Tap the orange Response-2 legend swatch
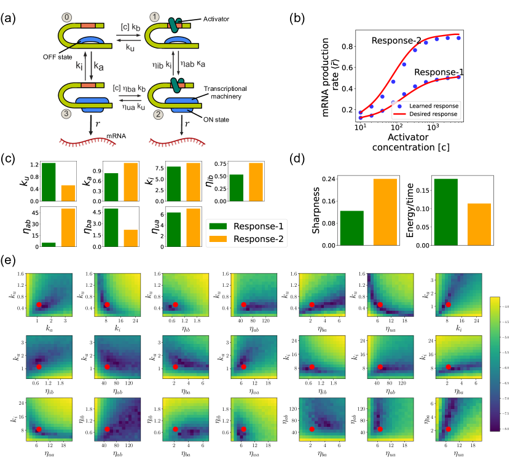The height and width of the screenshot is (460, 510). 218,239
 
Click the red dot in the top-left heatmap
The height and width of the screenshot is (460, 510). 39,305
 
